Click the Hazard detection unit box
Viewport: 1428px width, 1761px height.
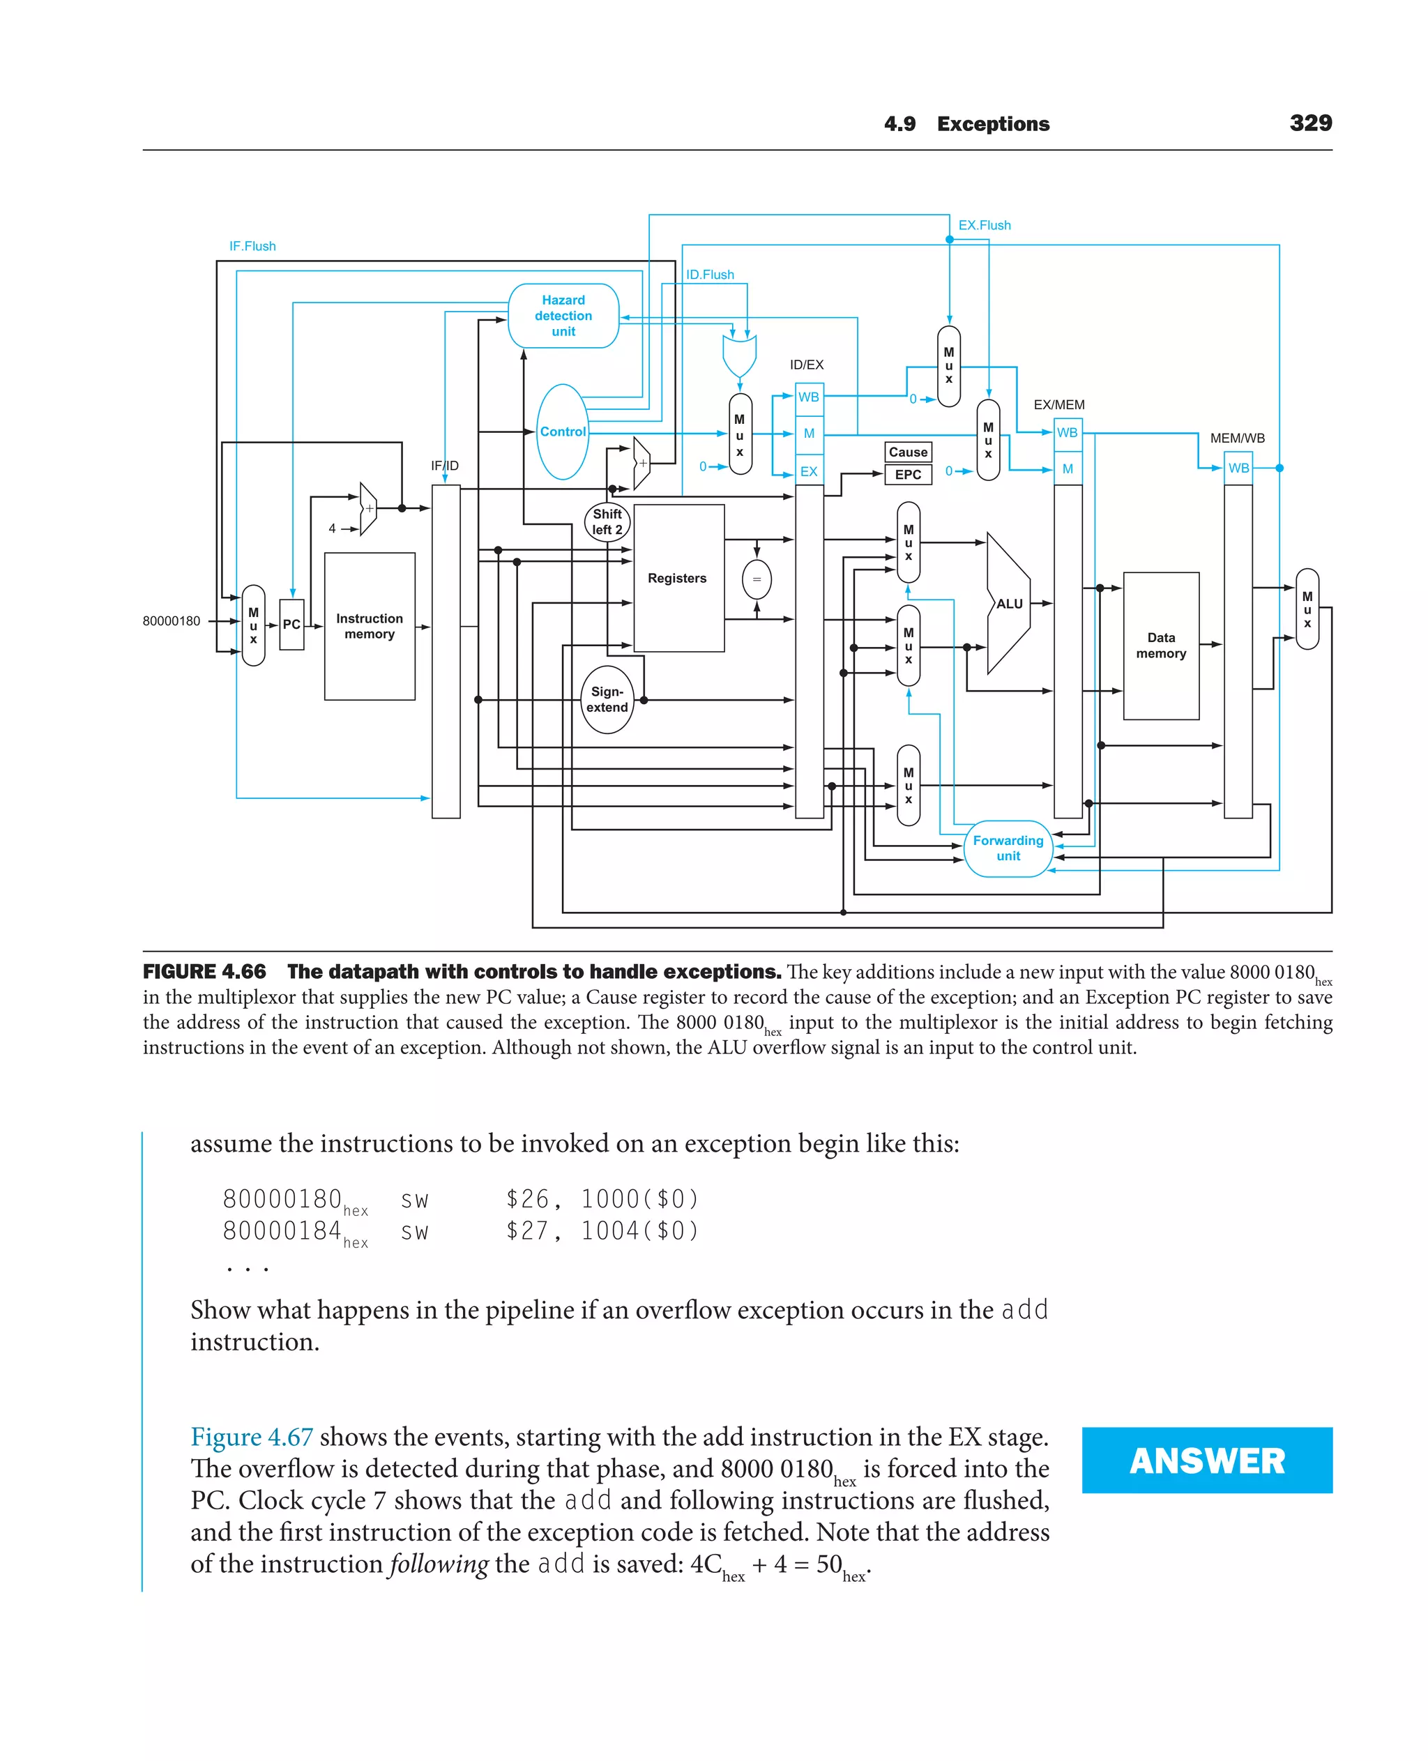pos(563,316)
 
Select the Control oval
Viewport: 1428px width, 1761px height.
pos(563,432)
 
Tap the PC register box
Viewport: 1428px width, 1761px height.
pos(291,624)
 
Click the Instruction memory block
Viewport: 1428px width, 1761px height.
pos(370,626)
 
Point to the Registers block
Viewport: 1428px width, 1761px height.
pos(678,578)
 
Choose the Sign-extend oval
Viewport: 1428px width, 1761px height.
pos(607,700)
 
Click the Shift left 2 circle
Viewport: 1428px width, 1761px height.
pos(607,522)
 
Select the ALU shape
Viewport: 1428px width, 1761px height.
pos(1008,604)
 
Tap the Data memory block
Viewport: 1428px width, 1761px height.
pos(1161,646)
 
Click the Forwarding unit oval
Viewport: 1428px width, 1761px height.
pos(1008,848)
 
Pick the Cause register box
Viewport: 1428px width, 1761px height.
pos(908,452)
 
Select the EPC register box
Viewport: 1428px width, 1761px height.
pos(908,475)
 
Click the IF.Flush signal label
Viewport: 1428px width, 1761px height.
pos(252,246)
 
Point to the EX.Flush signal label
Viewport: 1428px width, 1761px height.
pos(984,225)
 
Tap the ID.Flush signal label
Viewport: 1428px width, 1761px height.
pos(710,275)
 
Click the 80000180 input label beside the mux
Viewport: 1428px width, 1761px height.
pos(171,621)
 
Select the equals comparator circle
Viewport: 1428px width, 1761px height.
pos(757,580)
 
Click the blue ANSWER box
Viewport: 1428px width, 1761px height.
pos(1207,1460)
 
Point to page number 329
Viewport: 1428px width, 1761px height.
pos(1310,123)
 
